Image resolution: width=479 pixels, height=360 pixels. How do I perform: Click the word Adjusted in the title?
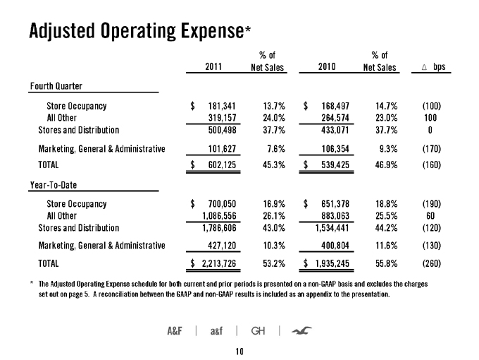click(62, 31)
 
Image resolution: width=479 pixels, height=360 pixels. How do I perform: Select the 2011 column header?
click(213, 66)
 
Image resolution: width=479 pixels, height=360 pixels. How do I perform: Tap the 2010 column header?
click(327, 66)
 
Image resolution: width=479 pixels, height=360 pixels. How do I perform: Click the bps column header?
click(440, 67)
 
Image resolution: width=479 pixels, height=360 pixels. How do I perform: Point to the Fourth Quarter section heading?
click(56, 86)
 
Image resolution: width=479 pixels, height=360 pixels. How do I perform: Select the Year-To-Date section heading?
click(54, 185)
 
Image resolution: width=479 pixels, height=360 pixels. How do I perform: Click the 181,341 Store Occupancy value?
click(222, 106)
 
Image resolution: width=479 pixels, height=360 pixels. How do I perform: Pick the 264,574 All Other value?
click(335, 118)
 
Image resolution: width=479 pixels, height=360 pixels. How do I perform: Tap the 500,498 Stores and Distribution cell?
click(222, 130)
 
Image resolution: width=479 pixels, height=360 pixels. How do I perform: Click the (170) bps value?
click(432, 149)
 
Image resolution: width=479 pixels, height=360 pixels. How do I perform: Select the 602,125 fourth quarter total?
click(222, 165)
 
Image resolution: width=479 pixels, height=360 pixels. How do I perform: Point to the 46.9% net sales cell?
click(387, 165)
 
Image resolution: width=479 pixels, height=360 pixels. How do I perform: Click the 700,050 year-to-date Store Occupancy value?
click(222, 204)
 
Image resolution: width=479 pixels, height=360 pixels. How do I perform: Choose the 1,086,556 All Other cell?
click(219, 216)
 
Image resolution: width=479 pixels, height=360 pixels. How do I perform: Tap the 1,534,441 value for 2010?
click(332, 228)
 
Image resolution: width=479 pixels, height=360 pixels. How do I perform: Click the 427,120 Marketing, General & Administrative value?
click(222, 246)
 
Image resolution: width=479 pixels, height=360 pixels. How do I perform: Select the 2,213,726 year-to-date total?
click(219, 263)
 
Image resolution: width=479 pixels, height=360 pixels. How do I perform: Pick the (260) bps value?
click(432, 263)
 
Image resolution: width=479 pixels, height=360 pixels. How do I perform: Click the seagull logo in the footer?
click(301, 330)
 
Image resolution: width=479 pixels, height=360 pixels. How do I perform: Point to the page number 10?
click(240, 352)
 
